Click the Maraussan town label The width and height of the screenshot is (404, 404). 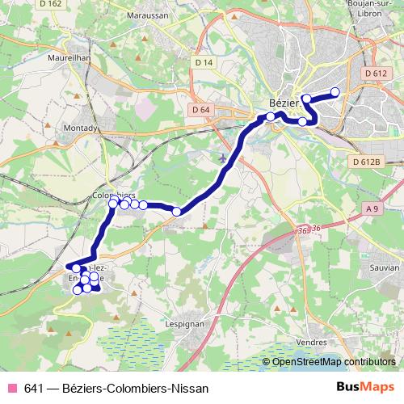pyautogui.click(x=146, y=14)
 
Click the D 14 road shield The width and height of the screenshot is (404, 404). pyautogui.click(x=203, y=62)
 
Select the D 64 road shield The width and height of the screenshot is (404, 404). pyautogui.click(x=201, y=110)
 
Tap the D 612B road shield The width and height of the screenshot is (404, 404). pyautogui.click(x=366, y=162)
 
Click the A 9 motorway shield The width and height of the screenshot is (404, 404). pyautogui.click(x=372, y=209)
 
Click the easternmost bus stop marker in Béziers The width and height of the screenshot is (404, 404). pyautogui.click(x=335, y=91)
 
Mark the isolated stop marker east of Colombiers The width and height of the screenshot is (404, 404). pyautogui.click(x=176, y=212)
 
